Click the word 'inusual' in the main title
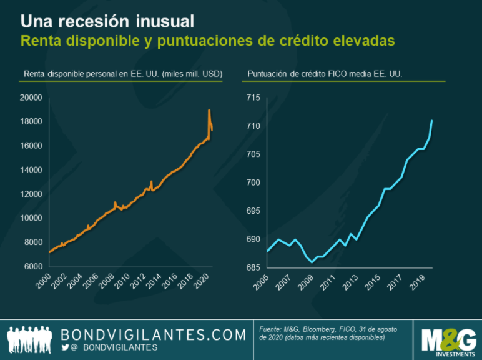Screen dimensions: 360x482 pyautogui.click(x=164, y=21)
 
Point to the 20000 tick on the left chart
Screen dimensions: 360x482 pyautogui.click(x=29, y=97)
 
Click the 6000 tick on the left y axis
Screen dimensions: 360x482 pyautogui.click(x=31, y=267)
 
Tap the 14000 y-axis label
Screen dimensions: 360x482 pyautogui.click(x=29, y=170)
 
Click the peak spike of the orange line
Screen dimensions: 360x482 pyautogui.click(x=209, y=111)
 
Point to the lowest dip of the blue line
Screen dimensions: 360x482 pyautogui.click(x=312, y=262)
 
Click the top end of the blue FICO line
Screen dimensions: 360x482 pyautogui.click(x=432, y=120)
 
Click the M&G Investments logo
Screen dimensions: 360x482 pyautogui.click(x=448, y=339)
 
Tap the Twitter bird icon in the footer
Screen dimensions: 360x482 pyautogui.click(x=66, y=347)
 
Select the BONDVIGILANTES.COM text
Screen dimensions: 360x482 pyautogui.click(x=153, y=335)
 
